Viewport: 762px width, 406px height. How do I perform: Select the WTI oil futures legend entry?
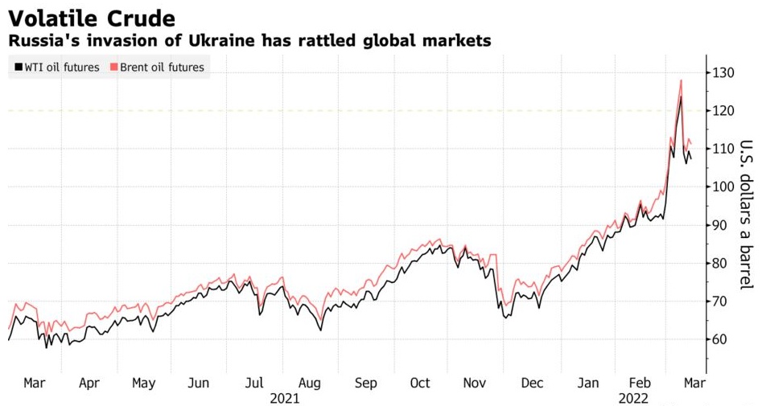coord(56,68)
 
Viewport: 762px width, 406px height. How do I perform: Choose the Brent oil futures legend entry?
coord(156,68)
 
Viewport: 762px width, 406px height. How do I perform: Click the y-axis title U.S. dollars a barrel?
coord(746,215)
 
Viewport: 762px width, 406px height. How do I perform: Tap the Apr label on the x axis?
coord(89,383)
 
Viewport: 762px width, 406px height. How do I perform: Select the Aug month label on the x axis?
coord(310,383)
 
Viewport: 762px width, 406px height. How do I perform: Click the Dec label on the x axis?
coord(531,383)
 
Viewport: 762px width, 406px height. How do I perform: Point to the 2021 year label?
coord(285,398)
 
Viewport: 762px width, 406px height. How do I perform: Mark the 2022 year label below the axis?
coord(634,398)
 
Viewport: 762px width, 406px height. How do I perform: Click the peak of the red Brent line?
coord(681,80)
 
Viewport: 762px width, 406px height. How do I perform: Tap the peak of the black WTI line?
coord(680,97)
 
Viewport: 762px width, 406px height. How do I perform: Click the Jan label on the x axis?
coord(588,383)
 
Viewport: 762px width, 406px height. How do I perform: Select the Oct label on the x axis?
coord(420,383)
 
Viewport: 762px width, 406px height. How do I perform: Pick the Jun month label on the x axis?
coord(199,383)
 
